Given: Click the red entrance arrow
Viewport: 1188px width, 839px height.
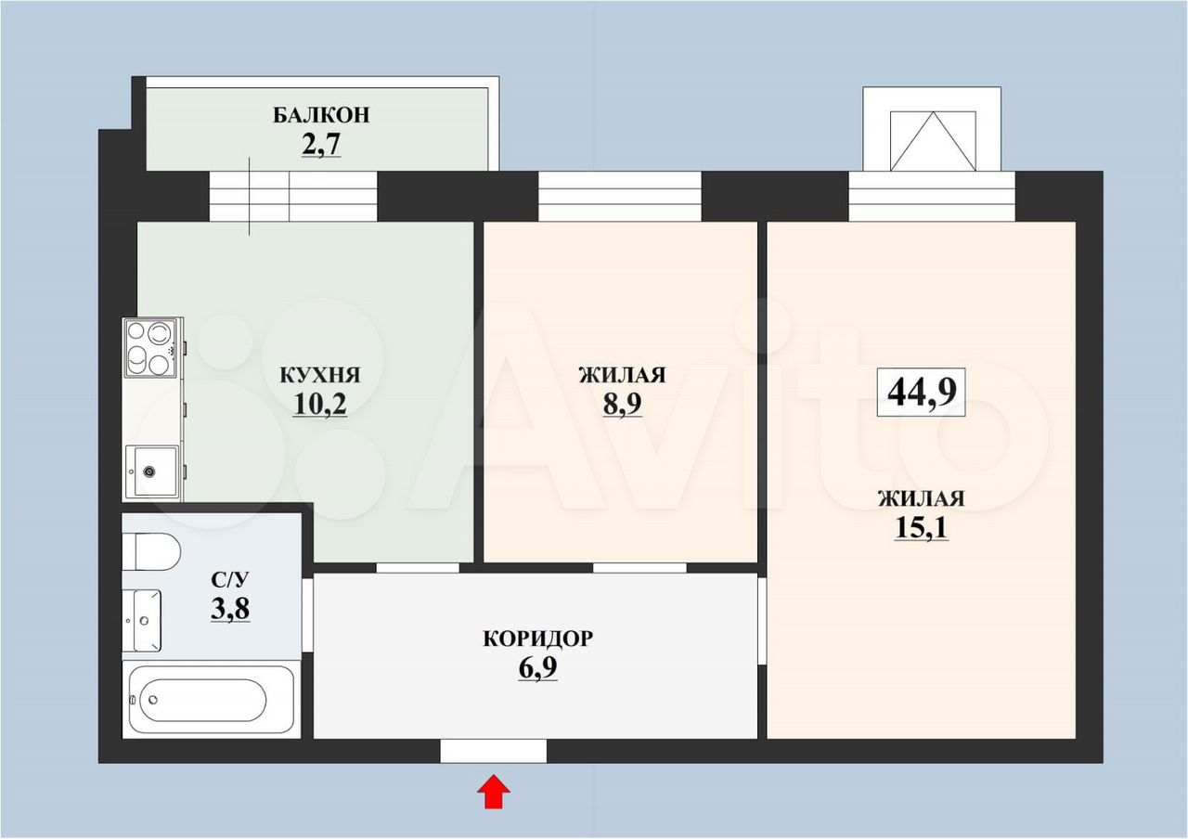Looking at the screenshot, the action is click(493, 792).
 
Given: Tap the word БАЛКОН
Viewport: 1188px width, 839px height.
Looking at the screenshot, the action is click(321, 115).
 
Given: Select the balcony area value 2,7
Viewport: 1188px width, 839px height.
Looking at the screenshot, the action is click(321, 144).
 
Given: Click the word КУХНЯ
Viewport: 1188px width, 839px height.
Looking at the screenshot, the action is click(320, 375).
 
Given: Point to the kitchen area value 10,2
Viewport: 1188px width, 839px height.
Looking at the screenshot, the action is click(320, 404).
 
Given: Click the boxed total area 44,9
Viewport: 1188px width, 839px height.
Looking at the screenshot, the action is click(922, 392).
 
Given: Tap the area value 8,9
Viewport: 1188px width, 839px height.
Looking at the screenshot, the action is click(622, 404).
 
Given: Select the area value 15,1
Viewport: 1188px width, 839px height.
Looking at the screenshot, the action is click(922, 528).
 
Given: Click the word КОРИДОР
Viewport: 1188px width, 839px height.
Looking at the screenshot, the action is click(537, 639).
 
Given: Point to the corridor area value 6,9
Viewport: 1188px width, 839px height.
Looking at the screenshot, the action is click(537, 668).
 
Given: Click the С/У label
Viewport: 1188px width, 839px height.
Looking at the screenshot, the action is click(229, 580).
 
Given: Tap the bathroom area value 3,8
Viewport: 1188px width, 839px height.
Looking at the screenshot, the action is click(230, 608).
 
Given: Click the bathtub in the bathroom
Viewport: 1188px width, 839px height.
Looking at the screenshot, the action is click(212, 700).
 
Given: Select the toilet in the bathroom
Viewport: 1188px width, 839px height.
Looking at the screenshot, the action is click(151, 551).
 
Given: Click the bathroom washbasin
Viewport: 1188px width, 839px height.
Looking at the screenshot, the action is click(142, 621).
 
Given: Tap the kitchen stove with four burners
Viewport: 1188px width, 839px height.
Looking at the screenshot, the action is click(150, 348).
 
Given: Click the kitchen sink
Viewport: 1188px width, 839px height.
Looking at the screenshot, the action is click(152, 471).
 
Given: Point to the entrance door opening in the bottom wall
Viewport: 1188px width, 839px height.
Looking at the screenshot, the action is click(493, 751).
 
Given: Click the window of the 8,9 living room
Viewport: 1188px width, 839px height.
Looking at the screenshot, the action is click(620, 196).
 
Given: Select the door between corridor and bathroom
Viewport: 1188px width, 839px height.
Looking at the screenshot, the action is click(307, 615).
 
